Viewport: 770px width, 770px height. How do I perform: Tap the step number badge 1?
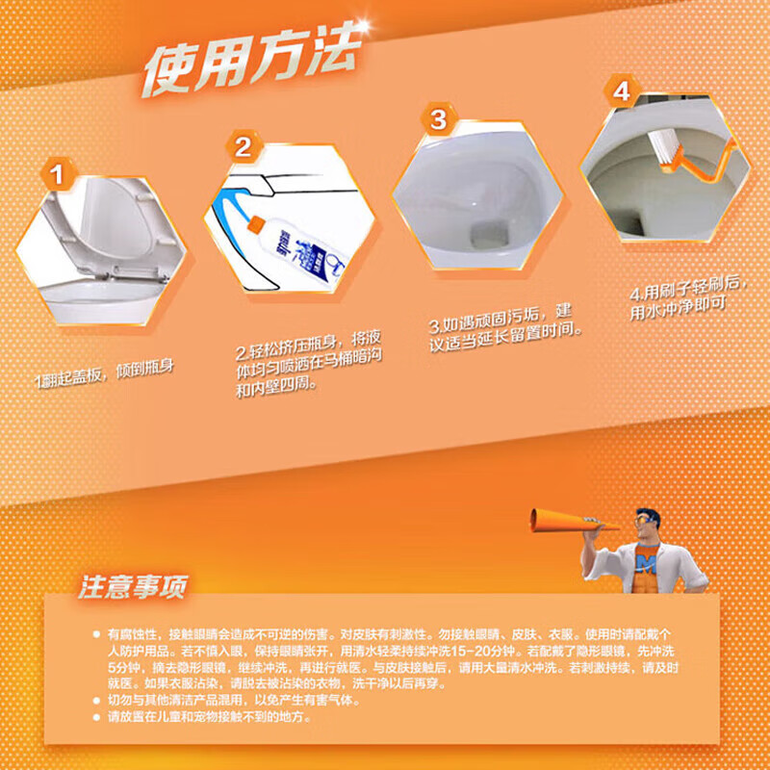pyautogui.click(x=57, y=175)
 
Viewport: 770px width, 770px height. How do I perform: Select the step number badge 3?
pyautogui.click(x=438, y=119)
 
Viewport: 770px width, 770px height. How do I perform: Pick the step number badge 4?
pyautogui.click(x=621, y=92)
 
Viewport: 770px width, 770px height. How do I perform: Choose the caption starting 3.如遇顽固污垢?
pyautogui.click(x=500, y=323)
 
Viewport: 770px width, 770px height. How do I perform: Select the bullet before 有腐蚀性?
pyautogui.click(x=95, y=634)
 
